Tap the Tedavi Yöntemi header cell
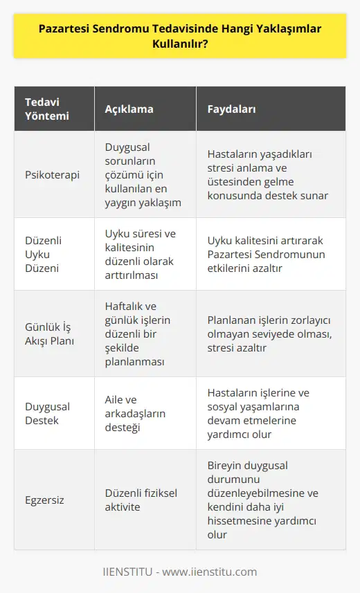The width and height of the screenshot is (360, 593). [46, 109]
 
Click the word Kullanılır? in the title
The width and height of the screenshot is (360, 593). [180, 47]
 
